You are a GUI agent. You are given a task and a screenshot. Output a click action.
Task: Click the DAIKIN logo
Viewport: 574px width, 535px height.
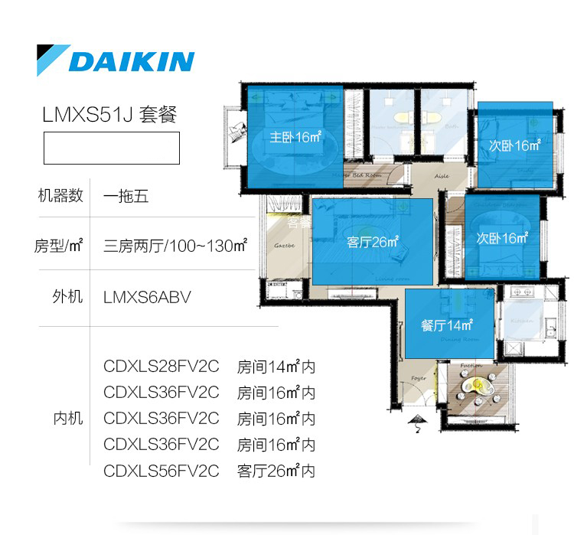pyautogui.click(x=116, y=60)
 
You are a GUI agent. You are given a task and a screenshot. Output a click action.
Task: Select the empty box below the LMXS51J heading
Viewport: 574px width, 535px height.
pyautogui.click(x=112, y=148)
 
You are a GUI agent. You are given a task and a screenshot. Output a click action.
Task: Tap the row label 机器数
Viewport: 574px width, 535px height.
pyautogui.click(x=60, y=196)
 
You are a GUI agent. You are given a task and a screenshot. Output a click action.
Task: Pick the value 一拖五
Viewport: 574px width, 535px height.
pyautogui.click(x=126, y=196)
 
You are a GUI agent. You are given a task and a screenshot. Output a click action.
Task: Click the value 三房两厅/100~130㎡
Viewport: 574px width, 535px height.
pyautogui.click(x=175, y=246)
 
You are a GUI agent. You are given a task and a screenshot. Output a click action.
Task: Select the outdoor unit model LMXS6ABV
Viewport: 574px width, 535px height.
pyautogui.click(x=147, y=297)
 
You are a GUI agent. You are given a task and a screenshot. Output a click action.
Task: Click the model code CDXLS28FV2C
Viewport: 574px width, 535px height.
pyautogui.click(x=161, y=367)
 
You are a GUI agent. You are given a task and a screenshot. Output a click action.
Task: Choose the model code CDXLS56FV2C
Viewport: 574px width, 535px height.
pyautogui.click(x=161, y=471)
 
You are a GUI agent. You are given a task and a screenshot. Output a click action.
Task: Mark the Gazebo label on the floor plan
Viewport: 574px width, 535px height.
pyautogui.click(x=285, y=246)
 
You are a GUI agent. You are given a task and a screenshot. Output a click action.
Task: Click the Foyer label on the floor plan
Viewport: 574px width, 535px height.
pyautogui.click(x=418, y=378)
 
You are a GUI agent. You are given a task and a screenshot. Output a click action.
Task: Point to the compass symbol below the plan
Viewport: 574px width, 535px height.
pyautogui.click(x=418, y=421)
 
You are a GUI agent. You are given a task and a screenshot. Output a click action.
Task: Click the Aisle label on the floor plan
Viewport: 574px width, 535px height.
pyautogui.click(x=442, y=175)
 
